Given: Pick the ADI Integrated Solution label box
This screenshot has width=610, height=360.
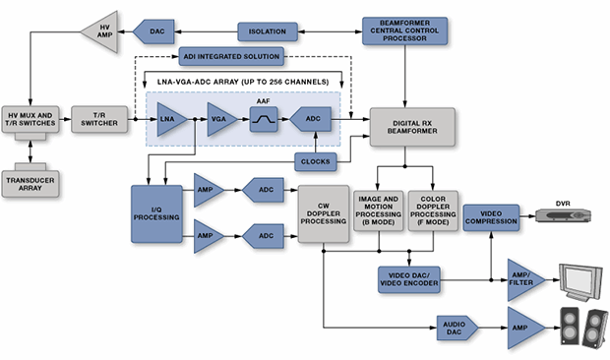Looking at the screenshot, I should coord(231,57).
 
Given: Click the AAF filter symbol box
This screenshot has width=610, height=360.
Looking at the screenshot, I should coord(265,119).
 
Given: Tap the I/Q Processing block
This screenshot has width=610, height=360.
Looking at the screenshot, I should coord(155,213).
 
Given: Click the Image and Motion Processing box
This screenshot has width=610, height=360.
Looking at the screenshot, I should coord(378,210).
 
